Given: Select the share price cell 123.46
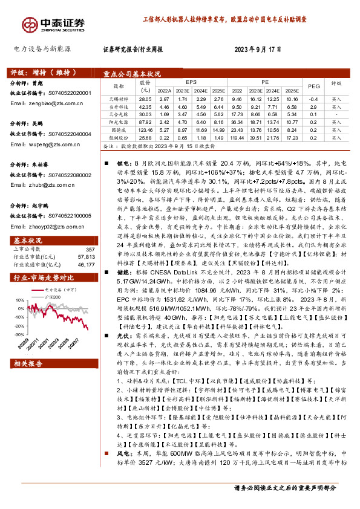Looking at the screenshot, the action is pos(145,129).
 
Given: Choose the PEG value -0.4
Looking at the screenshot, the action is pos(313,99).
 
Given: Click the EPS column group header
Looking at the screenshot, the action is pos(191,80).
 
